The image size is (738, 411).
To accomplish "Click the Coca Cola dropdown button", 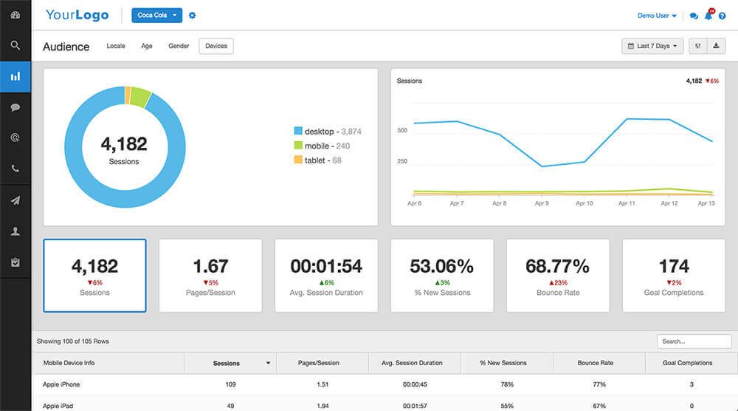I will [156, 16].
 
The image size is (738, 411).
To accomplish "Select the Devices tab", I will [216, 47].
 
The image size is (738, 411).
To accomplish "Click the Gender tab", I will [179, 47].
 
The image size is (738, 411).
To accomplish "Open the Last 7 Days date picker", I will [652, 47].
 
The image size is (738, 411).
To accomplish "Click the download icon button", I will [716, 47].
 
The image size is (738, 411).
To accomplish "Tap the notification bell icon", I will [708, 16].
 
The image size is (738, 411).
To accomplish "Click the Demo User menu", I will [657, 16].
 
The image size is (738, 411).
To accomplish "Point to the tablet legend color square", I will [298, 160].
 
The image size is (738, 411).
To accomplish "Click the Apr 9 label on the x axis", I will [541, 203].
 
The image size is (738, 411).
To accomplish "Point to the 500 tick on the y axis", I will [402, 131].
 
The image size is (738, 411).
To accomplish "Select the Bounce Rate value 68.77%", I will [557, 266].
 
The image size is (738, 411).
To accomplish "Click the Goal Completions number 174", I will [673, 266].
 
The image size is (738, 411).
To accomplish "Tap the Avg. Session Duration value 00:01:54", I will [326, 266].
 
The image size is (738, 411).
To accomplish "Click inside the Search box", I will [694, 342].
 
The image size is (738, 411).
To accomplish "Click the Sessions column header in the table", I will [227, 363].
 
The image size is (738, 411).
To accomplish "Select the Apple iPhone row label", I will [61, 384].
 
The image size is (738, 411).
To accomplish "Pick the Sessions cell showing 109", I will [231, 384].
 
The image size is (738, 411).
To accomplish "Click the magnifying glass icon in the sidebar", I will [15, 45].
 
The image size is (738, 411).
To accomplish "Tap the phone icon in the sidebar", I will [15, 169].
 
